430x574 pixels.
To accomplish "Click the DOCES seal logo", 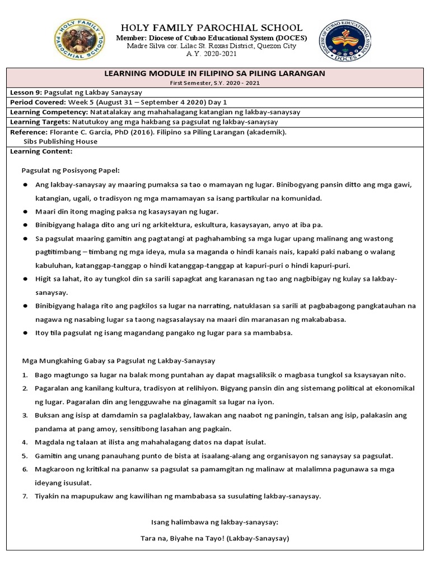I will tap(345, 41).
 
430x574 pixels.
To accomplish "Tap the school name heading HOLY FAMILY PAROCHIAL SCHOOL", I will tap(211, 27).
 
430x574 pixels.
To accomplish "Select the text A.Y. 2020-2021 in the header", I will tap(212, 54).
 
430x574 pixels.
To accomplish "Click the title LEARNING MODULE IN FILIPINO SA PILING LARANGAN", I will tap(215, 73).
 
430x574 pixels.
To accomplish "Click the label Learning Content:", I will tap(41, 151).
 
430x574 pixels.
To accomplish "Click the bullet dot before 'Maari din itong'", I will tap(26, 212).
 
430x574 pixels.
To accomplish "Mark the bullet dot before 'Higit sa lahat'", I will tap(26, 279).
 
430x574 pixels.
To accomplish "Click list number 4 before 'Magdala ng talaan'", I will tap(25, 442).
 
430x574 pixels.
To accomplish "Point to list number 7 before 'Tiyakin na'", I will tap(25, 496).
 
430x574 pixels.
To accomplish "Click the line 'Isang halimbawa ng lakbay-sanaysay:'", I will tap(215, 522).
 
